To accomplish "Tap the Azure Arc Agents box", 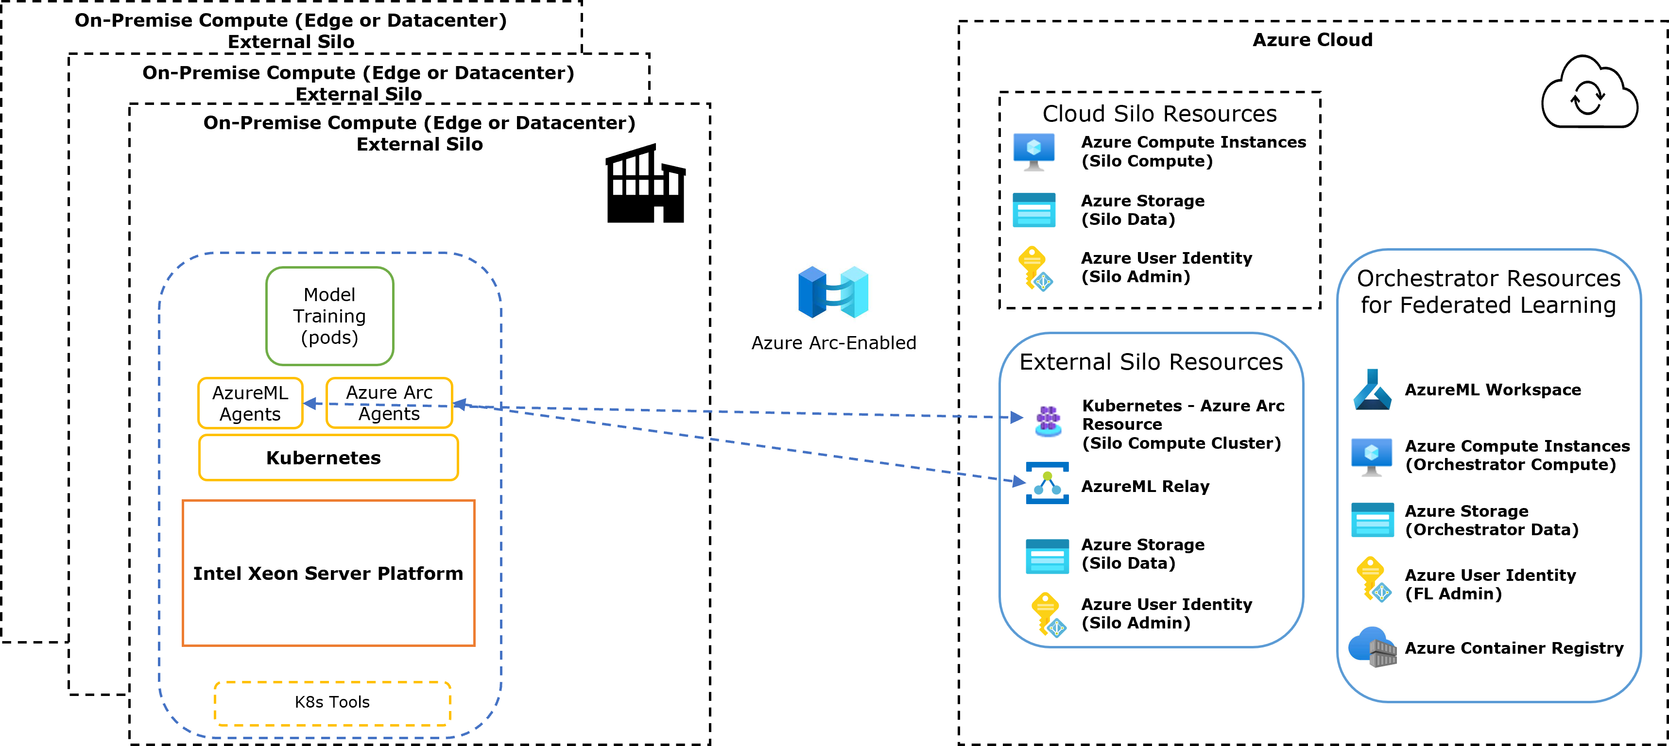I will coord(389,403).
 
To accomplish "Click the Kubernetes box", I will coord(328,458).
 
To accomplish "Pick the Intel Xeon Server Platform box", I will coord(328,573).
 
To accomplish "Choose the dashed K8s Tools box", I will coord(332,703).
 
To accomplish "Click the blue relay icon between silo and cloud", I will coord(833,290).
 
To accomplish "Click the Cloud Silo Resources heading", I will coord(1159,114).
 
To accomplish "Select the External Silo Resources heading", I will coord(1151,362).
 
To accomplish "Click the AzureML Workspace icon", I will coord(1371,390).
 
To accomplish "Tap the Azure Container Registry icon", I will coord(1372,647).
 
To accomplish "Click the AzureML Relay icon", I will coord(1047,483).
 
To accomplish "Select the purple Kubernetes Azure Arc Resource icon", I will coord(1048,420).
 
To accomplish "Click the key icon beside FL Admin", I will coord(1372,579).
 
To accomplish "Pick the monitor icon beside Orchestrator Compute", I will coord(1371,456).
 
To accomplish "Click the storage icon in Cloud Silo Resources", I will coord(1033,210).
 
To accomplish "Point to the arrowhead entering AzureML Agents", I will coord(310,404).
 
